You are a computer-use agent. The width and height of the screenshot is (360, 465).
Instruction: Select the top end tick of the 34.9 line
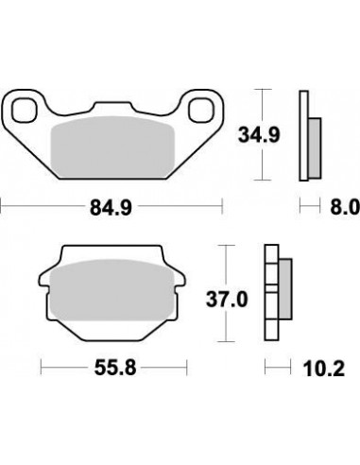(x=265, y=90)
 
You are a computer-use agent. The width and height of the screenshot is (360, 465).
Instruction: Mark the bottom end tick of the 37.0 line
(x=225, y=342)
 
